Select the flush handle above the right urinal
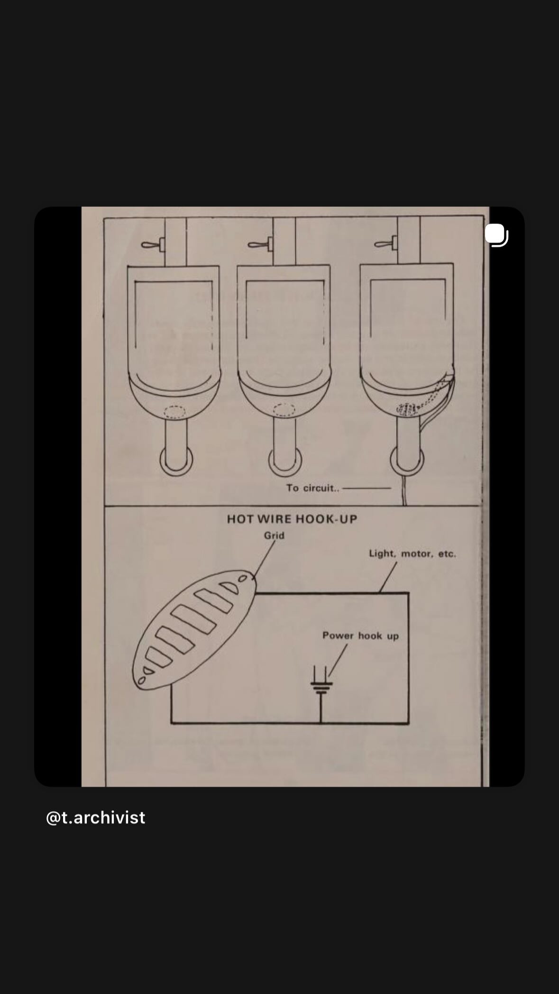tap(387, 244)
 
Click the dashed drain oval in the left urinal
tap(174, 412)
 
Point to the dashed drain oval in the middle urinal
tap(284, 410)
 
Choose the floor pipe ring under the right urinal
tap(407, 460)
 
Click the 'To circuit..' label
tap(312, 488)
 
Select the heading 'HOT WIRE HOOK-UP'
tap(292, 519)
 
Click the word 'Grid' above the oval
tap(274, 535)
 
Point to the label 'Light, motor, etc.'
tap(412, 553)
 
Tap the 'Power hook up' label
tap(360, 635)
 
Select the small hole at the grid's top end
tap(243, 578)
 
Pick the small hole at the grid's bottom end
tap(142, 681)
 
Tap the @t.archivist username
tap(95, 817)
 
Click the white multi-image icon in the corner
tap(496, 235)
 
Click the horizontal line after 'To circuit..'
tap(367, 488)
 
